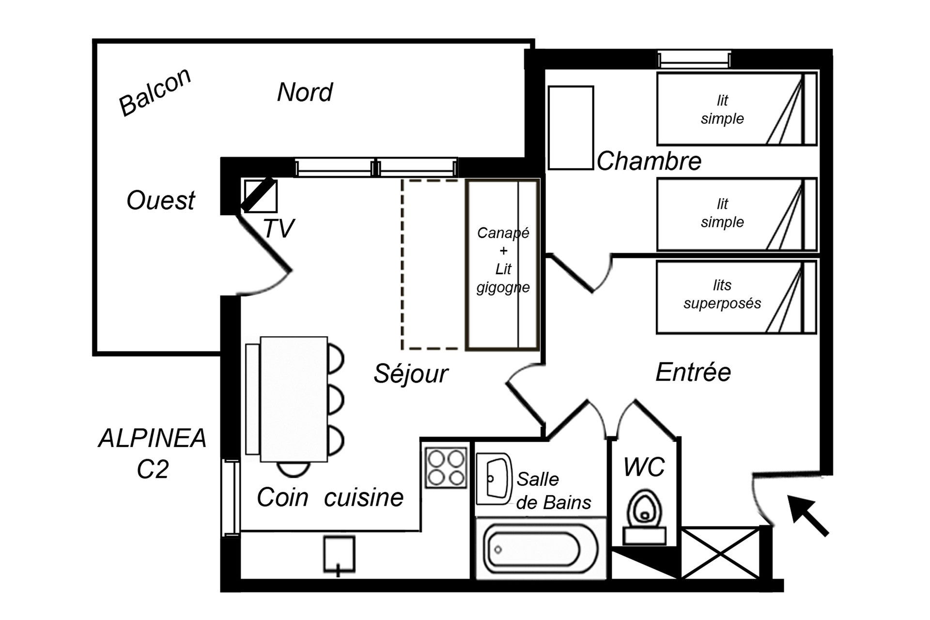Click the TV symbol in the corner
(x=260, y=196)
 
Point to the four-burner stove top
(x=446, y=467)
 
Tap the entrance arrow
(x=807, y=515)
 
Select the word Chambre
(x=649, y=161)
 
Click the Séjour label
(x=411, y=373)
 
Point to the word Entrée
(x=693, y=372)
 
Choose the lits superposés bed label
(x=722, y=294)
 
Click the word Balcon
(x=155, y=92)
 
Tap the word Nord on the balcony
(x=305, y=92)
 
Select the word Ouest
(x=160, y=200)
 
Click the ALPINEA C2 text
(x=153, y=453)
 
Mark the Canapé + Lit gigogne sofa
(x=503, y=264)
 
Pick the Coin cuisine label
(x=330, y=497)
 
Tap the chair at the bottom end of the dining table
(x=294, y=469)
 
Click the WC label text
(x=644, y=467)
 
